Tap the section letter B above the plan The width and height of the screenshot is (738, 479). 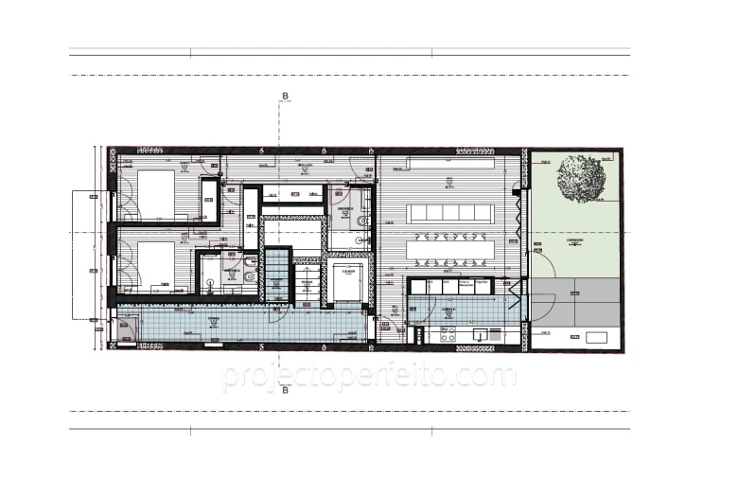point(284,96)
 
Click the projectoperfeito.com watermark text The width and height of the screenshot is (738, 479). point(369,377)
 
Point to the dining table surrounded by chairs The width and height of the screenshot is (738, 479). point(448,250)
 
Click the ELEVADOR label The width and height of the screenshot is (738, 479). point(347,271)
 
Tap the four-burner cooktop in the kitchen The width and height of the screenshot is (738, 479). point(448,334)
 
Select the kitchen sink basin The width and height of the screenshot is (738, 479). point(482,333)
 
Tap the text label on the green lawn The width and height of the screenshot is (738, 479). point(573,240)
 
